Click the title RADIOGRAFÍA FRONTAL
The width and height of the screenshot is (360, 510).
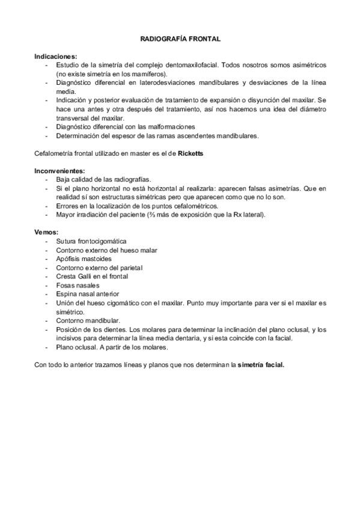tap(180, 38)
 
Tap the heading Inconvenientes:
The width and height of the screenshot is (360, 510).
tap(59, 171)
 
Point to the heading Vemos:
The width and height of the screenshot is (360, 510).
tap(46, 232)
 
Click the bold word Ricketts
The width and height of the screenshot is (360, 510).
tap(191, 154)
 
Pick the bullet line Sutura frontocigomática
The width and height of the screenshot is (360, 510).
tap(91, 241)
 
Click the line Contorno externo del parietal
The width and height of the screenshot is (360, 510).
tap(100, 268)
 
